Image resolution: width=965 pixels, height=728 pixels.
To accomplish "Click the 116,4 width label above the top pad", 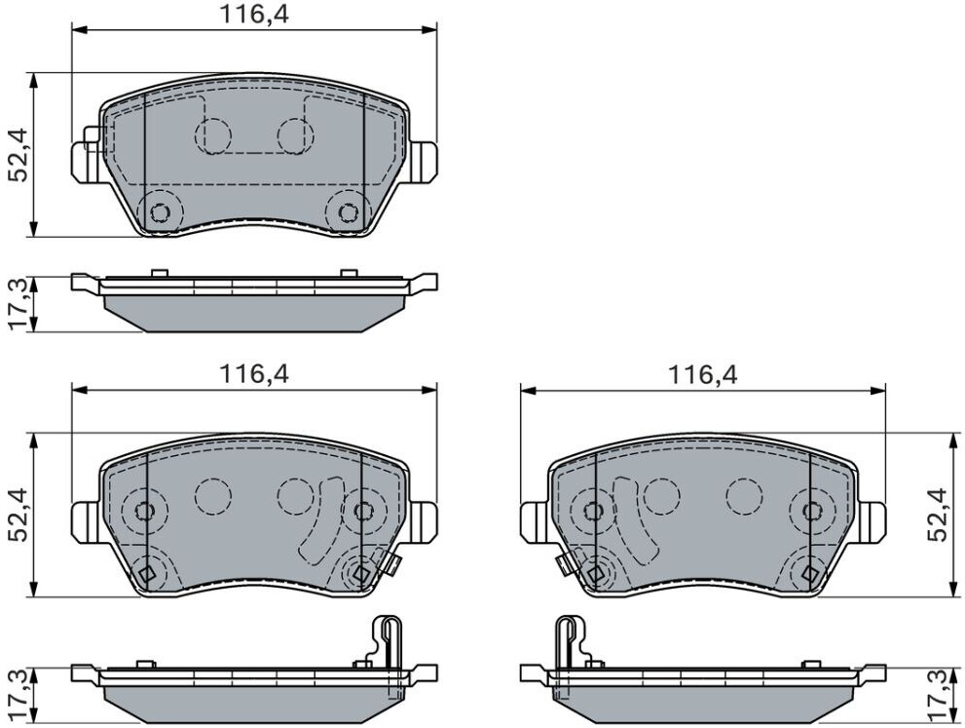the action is [254, 15].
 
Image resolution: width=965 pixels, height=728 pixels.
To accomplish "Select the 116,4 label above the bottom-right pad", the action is [703, 374].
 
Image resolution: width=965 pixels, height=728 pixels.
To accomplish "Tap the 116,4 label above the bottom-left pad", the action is [254, 374].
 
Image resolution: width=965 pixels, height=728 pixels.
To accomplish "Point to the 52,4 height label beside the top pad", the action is [18, 155].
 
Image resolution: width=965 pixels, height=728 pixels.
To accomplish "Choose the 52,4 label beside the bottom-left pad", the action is [18, 515].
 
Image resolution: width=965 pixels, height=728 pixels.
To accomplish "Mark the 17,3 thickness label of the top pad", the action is [18, 304].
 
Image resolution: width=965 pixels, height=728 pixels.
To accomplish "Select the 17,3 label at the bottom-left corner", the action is [18, 697].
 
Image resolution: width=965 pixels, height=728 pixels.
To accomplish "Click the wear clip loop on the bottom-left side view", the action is [388, 640].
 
